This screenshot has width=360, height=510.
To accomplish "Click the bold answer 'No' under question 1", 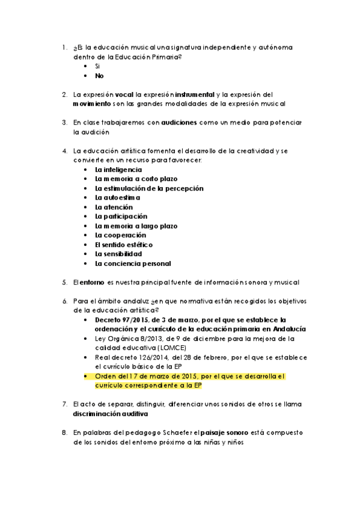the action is (x=99, y=76).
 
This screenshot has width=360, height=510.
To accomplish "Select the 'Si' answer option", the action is (x=97, y=66).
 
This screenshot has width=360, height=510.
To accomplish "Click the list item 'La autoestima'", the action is (x=117, y=197).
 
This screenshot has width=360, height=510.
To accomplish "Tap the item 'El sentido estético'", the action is (x=124, y=245).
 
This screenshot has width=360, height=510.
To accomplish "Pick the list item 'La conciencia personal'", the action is (x=133, y=263).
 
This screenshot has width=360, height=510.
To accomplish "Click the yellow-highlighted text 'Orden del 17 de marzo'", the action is (x=133, y=376).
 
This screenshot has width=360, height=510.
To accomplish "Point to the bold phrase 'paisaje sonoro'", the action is (x=225, y=432).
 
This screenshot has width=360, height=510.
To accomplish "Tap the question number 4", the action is (x=64, y=150).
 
